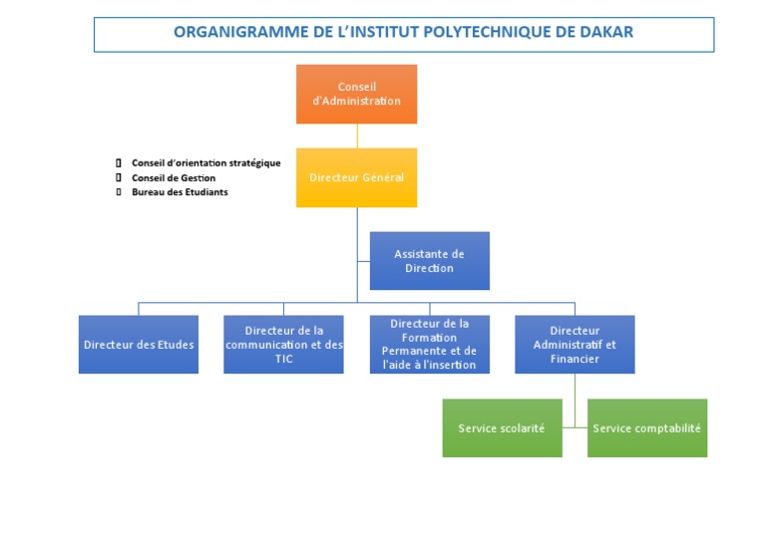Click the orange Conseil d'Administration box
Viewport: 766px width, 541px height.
point(357,94)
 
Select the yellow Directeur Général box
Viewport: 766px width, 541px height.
point(357,177)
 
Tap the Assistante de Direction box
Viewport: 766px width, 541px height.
point(430,261)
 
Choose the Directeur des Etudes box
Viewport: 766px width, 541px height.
point(139,345)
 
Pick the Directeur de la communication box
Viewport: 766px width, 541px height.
point(284,345)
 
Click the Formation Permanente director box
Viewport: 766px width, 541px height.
point(430,345)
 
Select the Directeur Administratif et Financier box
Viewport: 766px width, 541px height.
point(574,345)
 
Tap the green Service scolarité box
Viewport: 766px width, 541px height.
point(503,428)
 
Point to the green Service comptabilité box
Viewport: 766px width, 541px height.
point(647,428)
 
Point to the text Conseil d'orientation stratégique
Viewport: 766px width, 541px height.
point(206,163)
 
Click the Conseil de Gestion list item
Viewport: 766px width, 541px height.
point(174,178)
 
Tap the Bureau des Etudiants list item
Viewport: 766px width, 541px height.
point(180,192)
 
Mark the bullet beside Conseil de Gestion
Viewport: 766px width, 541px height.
point(119,177)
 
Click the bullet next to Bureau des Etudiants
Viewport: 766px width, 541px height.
point(119,192)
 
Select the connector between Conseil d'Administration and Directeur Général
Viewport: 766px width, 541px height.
point(357,136)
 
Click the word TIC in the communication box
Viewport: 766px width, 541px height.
point(284,359)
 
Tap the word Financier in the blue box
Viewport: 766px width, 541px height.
point(574,359)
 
